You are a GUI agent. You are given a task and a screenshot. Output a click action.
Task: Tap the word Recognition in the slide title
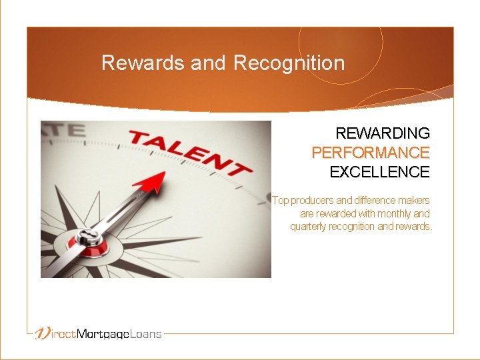pyautogui.click(x=289, y=63)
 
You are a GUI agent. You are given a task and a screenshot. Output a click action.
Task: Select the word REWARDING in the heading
pyautogui.click(x=383, y=133)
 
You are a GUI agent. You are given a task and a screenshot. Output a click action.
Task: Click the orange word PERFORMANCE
pyautogui.click(x=371, y=153)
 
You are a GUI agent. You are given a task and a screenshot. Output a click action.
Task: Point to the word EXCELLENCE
pyautogui.click(x=379, y=172)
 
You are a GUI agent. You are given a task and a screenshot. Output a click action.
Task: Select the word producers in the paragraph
pyautogui.click(x=313, y=200)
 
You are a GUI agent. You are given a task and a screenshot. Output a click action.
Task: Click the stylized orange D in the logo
pyautogui.click(x=43, y=333)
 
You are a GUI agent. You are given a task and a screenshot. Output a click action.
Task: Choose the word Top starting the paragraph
pyautogui.click(x=281, y=200)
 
